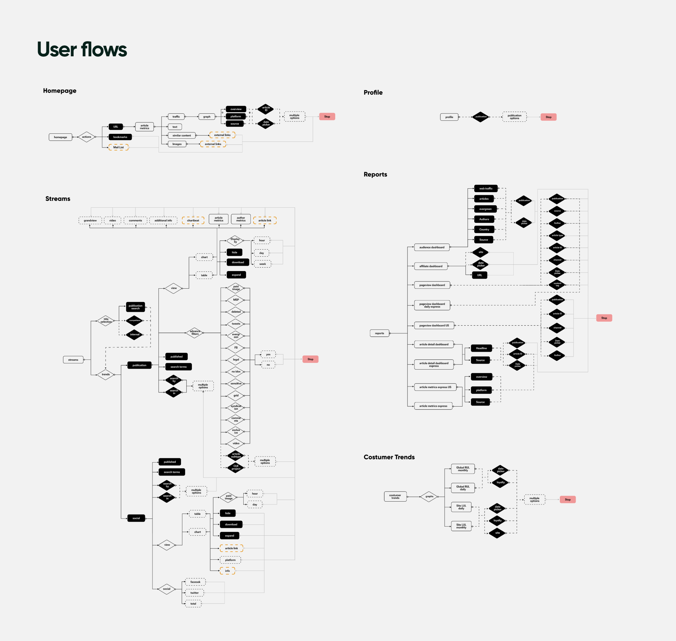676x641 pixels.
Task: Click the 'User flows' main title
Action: click(82, 49)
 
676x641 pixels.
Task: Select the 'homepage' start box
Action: click(61, 137)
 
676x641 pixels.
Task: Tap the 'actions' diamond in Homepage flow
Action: click(87, 137)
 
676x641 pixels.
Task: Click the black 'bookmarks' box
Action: click(120, 137)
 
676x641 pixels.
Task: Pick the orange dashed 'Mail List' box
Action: click(118, 147)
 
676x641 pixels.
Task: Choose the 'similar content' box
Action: click(182, 136)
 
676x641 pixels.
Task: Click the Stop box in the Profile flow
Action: click(548, 117)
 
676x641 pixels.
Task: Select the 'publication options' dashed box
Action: click(514, 117)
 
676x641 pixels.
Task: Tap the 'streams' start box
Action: click(73, 360)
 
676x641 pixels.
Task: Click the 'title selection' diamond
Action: click(106, 321)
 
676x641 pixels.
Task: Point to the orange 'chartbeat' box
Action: click(193, 221)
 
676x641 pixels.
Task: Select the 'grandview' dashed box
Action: click(90, 221)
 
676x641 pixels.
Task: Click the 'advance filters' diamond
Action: click(195, 333)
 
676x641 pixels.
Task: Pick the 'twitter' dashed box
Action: click(194, 593)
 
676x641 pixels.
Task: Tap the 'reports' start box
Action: click(380, 333)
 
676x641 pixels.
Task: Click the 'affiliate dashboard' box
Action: click(431, 266)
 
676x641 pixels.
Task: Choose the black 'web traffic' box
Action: click(486, 189)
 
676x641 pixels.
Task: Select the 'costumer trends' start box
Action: click(395, 497)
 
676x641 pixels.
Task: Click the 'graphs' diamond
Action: click(429, 497)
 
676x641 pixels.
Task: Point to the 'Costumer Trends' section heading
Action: click(389, 457)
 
